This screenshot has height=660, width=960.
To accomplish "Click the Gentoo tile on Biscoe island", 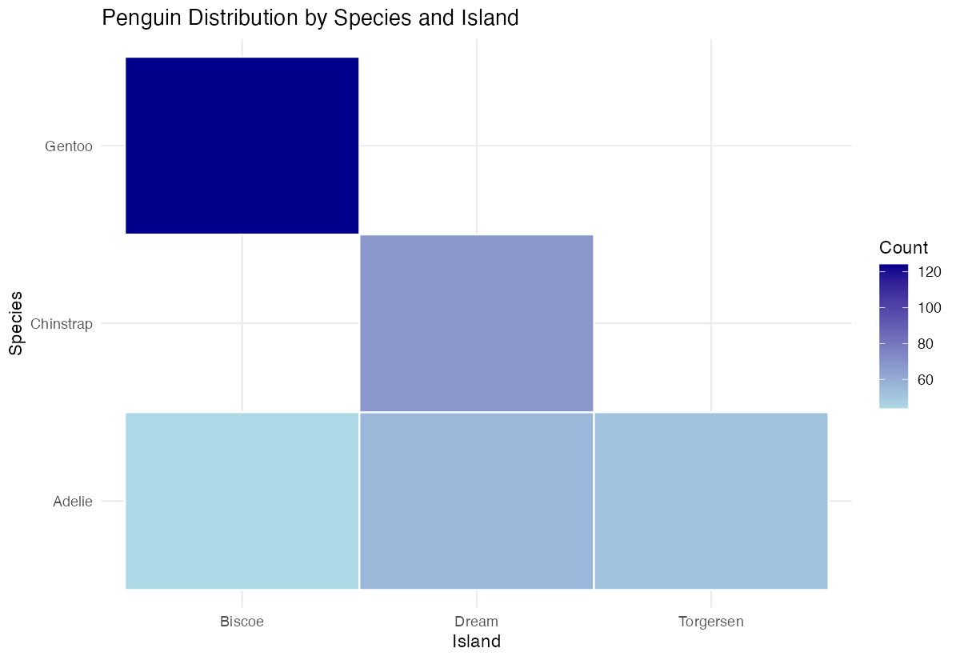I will [242, 146].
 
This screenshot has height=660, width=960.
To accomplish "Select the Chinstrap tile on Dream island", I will [476, 323].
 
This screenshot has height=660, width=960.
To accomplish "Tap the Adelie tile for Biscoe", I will [242, 501].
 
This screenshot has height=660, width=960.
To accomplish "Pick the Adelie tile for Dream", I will [476, 501].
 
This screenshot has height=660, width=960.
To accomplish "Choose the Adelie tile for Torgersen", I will [710, 501].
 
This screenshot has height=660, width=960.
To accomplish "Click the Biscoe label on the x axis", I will [242, 622].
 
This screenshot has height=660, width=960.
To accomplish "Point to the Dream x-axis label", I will [476, 622].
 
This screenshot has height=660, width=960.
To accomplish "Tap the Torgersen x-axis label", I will [710, 622].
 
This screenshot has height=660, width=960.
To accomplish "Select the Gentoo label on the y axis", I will [70, 146].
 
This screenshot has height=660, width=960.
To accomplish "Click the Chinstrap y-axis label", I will [62, 324].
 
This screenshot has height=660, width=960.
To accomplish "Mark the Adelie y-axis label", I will [73, 502].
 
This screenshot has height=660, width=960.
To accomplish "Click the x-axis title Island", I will [476, 642].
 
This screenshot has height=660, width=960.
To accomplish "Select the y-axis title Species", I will [16, 323].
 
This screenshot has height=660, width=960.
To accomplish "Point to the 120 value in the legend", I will [929, 272].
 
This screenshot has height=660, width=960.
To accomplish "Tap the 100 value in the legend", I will [929, 308].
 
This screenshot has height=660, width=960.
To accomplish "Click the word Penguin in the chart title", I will [141, 18].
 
